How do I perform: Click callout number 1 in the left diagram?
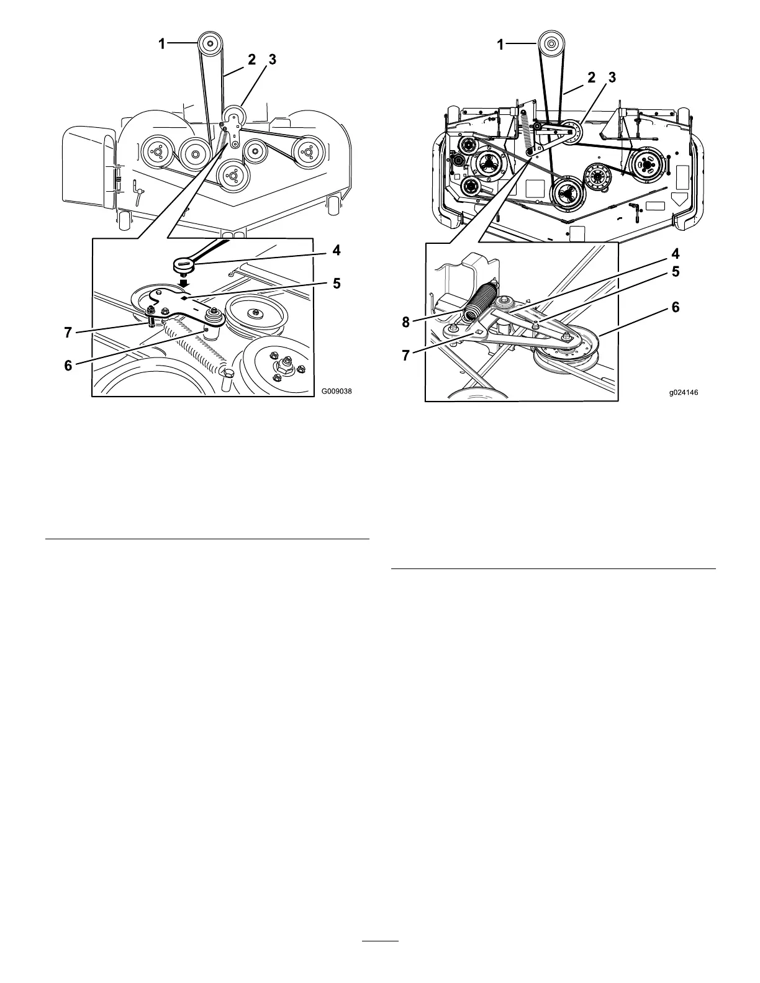point(161,43)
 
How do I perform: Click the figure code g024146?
point(684,392)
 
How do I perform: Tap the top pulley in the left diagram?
point(209,44)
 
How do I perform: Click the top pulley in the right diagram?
point(550,43)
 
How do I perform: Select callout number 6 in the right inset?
point(673,307)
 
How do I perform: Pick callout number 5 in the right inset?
point(673,272)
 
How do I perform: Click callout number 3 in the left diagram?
point(271,60)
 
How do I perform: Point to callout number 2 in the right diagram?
point(591,78)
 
